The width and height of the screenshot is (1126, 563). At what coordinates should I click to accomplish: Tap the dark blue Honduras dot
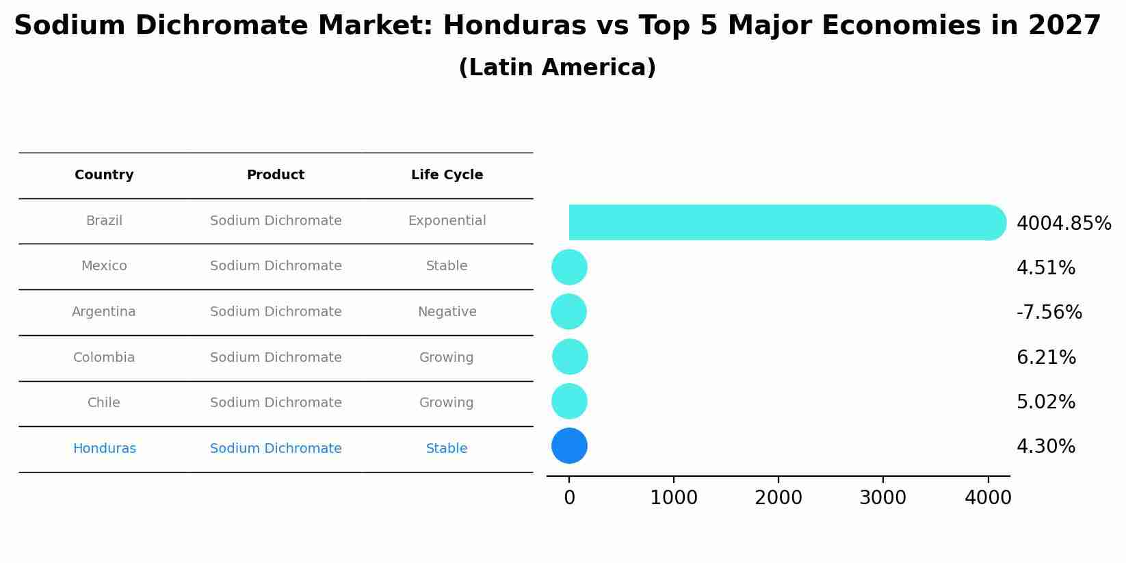click(x=569, y=446)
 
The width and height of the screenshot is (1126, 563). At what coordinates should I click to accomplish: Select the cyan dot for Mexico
click(x=569, y=267)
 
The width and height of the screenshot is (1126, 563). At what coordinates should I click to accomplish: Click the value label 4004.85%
click(x=1064, y=224)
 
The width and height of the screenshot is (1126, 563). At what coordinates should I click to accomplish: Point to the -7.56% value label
click(x=1049, y=313)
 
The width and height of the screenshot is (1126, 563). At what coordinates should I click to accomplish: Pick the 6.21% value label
click(x=1046, y=358)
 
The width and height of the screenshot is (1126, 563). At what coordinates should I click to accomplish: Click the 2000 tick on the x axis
click(x=778, y=498)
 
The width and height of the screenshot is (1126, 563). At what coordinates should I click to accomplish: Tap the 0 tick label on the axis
click(x=569, y=498)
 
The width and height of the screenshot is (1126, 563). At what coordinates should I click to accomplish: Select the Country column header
click(x=104, y=175)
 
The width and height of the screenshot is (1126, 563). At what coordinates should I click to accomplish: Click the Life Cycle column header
click(x=447, y=175)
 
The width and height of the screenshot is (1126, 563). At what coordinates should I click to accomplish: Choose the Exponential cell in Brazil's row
click(x=447, y=221)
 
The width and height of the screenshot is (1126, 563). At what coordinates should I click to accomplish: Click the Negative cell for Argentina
click(x=447, y=312)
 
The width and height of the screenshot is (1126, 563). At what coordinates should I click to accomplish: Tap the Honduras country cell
click(x=104, y=449)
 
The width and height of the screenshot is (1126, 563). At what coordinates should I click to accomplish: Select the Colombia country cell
click(x=104, y=358)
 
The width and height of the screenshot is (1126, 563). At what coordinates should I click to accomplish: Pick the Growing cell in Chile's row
click(x=446, y=403)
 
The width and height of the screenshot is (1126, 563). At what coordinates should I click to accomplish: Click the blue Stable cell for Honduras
click(x=447, y=449)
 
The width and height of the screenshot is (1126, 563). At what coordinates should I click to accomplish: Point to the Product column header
click(x=276, y=175)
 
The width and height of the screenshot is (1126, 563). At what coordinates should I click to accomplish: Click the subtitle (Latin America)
click(x=557, y=68)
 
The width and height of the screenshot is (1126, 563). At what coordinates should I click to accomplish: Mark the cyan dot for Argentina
click(x=568, y=312)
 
